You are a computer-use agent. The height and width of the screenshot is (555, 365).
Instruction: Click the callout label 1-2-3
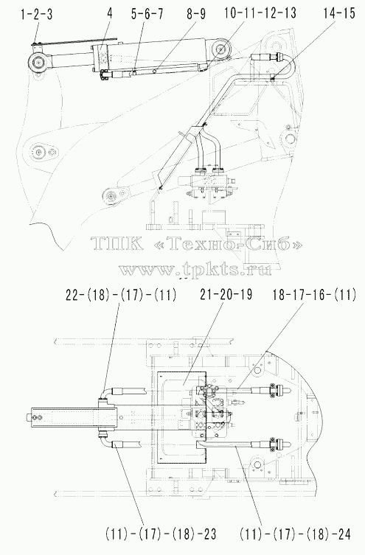click(36, 15)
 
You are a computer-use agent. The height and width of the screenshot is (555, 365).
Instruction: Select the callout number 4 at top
click(110, 14)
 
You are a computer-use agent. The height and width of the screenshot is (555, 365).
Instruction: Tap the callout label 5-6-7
click(147, 15)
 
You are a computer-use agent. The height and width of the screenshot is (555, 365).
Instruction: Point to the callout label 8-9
click(195, 15)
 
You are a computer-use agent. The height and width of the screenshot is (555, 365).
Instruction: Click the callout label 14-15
click(338, 13)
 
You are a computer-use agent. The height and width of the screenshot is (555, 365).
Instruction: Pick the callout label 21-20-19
click(226, 294)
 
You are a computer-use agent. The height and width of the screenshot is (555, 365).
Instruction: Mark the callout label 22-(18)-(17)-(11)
click(121, 295)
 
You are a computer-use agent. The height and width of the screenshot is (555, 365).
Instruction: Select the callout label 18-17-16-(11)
click(314, 295)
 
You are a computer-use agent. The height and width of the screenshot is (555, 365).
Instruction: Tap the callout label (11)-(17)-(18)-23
click(160, 534)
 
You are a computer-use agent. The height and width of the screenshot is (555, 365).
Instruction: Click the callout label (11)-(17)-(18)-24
click(295, 534)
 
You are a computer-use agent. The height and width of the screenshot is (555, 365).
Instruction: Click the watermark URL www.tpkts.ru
click(195, 269)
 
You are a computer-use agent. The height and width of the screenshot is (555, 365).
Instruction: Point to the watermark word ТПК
click(117, 243)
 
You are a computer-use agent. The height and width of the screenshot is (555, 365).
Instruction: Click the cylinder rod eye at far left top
click(37, 63)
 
